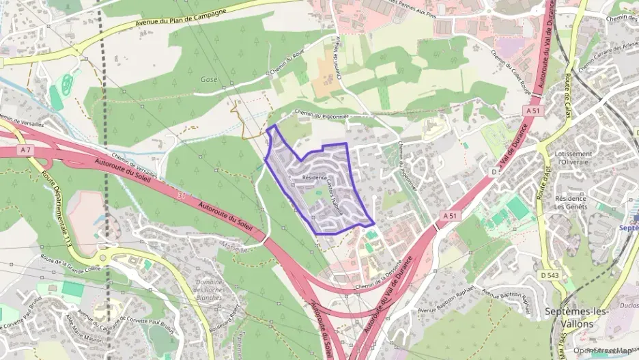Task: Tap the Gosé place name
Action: pos(208,80)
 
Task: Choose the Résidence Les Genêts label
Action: pos(571,202)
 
